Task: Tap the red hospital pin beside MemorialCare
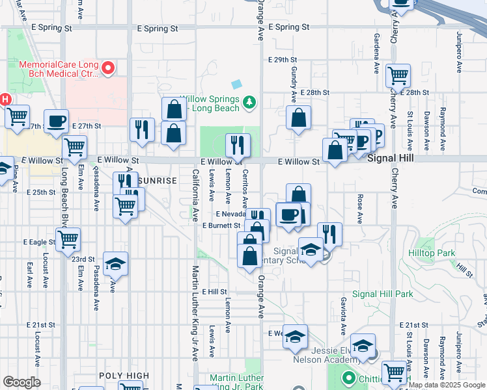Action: tap(109, 66)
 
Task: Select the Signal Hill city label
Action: tap(390, 158)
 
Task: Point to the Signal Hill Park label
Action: tap(383, 294)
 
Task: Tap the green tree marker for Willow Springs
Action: tap(248, 101)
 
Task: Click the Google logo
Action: tap(21, 382)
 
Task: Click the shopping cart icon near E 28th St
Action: tap(398, 75)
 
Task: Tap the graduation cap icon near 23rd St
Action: tap(116, 263)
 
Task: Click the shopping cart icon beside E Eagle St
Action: tap(68, 239)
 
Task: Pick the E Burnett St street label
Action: tap(221, 226)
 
